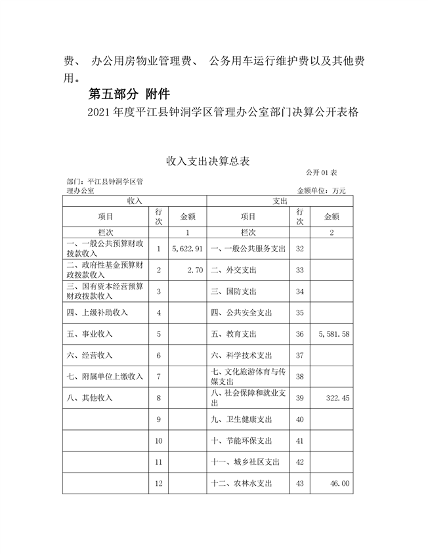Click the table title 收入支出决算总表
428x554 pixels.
[208, 161]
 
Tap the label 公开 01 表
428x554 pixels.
[321, 172]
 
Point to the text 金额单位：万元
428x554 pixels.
[321, 190]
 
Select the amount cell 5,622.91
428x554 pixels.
[187, 249]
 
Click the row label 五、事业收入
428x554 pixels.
[90, 334]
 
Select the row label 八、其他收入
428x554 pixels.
[90, 397]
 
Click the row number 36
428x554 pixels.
[300, 334]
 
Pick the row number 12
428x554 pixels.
[158, 484]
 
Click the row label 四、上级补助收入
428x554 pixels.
[97, 312]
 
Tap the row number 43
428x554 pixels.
[300, 484]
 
